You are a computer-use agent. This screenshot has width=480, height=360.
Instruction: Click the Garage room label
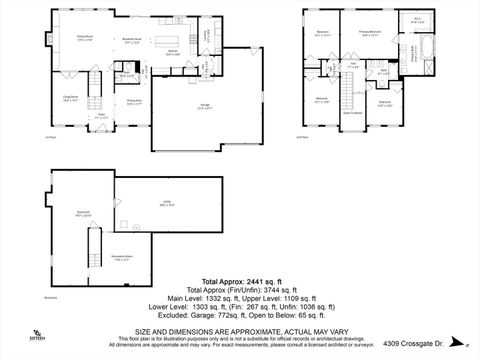point(205,106)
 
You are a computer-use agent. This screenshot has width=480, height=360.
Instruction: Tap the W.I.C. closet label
point(417,20)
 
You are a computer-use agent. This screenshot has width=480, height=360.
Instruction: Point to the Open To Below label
point(352,115)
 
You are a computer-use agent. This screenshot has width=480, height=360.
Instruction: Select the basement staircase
point(96,240)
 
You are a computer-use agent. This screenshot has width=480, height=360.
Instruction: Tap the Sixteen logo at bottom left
point(38,336)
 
